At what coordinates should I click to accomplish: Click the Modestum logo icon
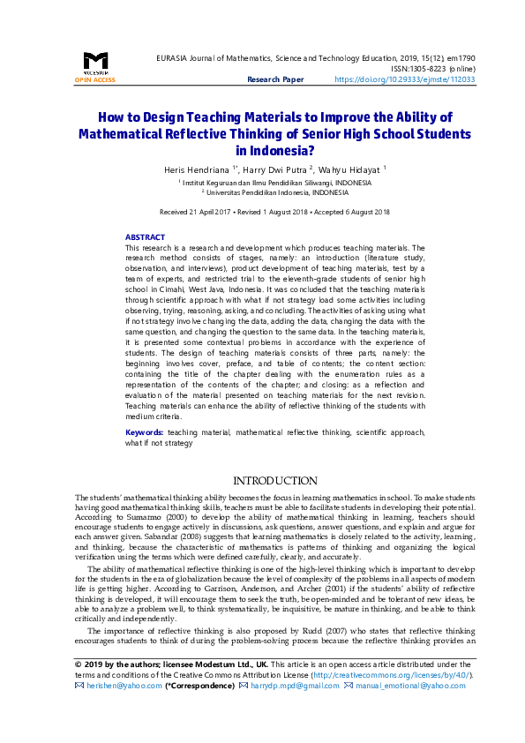point(95,62)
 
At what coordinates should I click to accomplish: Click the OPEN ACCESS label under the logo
point(95,79)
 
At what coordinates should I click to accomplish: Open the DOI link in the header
point(405,79)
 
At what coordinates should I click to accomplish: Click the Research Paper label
point(275,79)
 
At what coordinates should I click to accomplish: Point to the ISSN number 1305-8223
point(425,68)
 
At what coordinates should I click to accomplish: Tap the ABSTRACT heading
point(145,237)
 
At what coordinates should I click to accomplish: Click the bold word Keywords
point(144,432)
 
